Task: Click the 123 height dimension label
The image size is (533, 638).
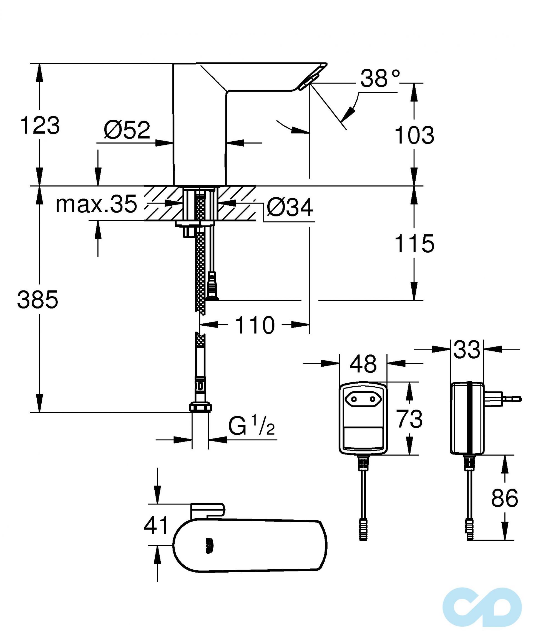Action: [x=40, y=125]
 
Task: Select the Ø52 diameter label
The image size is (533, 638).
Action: [x=127, y=130]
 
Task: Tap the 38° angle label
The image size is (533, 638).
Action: [x=380, y=78]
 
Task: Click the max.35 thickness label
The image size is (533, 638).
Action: [x=96, y=204]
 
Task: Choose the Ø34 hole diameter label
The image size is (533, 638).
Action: [x=290, y=208]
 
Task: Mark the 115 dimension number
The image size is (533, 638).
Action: [x=414, y=244]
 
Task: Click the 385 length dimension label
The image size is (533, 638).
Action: [x=37, y=300]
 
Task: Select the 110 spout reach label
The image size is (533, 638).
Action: [x=255, y=325]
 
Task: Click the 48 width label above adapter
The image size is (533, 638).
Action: [x=363, y=364]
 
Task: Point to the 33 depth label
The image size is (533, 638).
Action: [x=467, y=350]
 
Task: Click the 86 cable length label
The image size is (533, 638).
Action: [x=504, y=498]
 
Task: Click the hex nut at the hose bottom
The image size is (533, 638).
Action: [x=200, y=407]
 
